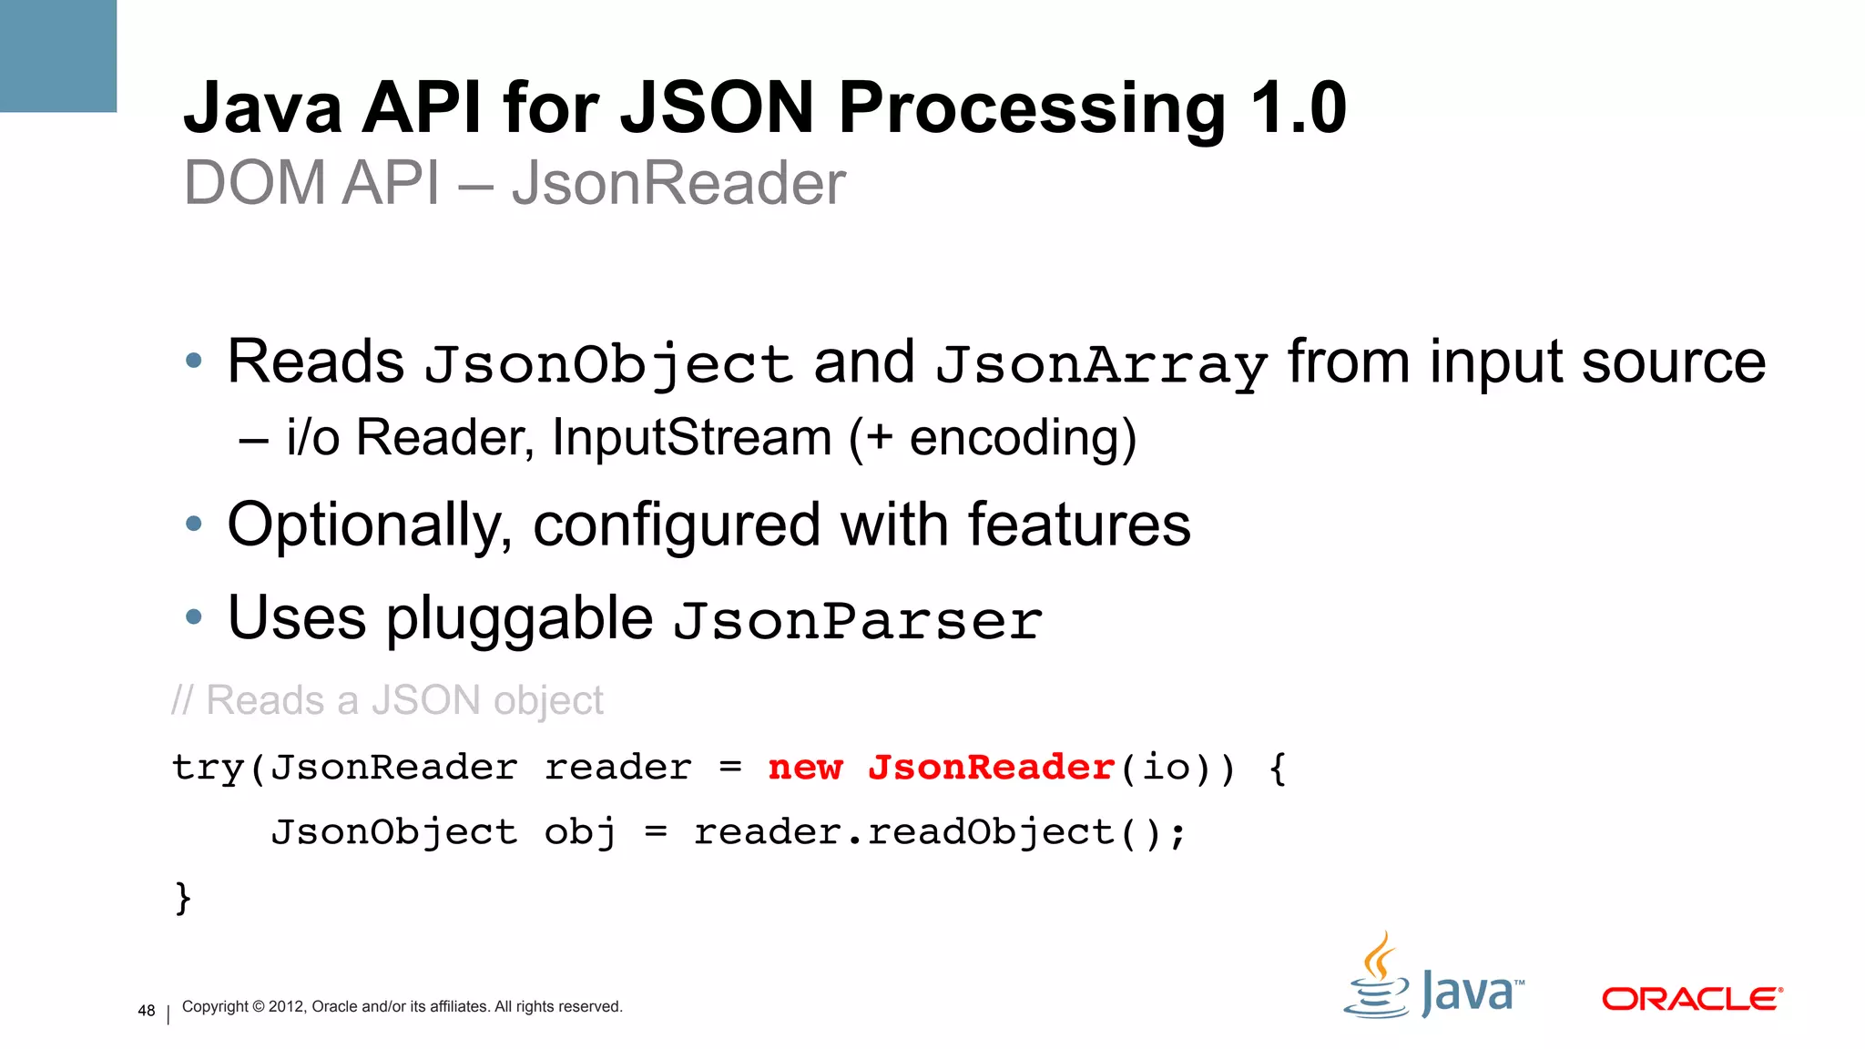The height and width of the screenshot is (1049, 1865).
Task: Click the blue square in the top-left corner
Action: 57,56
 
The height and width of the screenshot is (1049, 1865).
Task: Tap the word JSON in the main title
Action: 717,108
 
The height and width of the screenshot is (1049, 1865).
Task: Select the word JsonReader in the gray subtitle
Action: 678,183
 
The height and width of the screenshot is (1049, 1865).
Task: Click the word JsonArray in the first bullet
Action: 1101,365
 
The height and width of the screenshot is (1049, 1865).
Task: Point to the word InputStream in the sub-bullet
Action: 692,438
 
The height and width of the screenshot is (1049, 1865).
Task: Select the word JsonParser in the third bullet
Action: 857,621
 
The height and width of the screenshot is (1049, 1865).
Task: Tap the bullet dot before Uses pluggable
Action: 193,618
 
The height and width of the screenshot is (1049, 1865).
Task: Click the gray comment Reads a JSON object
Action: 388,701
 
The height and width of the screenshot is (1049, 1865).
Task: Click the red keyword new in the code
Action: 805,768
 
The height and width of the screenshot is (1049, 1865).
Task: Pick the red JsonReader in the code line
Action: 991,768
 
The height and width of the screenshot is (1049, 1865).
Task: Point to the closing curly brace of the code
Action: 183,897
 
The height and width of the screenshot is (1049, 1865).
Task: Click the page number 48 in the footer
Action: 146,1010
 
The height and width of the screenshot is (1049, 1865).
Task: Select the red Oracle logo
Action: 1691,999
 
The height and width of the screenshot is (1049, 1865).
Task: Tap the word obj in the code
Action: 580,832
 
